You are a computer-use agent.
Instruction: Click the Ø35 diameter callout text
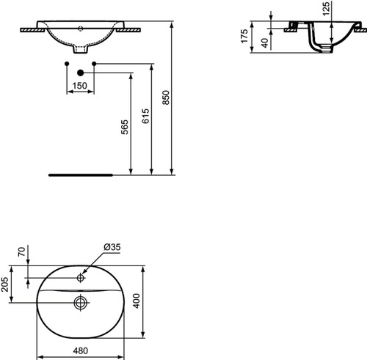(112, 248)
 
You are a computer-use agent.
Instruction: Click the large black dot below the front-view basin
(81, 72)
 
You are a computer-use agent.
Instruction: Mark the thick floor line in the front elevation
(80, 176)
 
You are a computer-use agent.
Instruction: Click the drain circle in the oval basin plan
(80, 300)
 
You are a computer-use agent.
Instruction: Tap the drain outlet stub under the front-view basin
(81, 51)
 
